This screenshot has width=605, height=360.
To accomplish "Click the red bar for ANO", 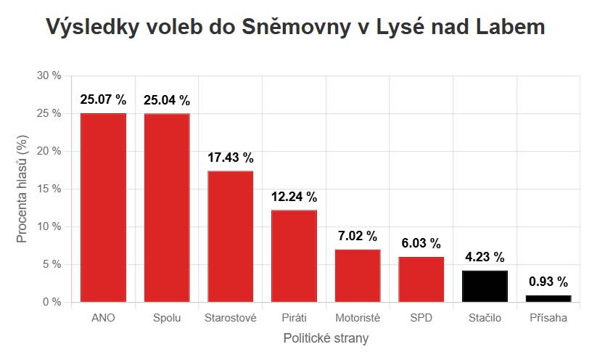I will click(x=103, y=207).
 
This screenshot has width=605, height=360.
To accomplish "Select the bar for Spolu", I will click(x=167, y=207).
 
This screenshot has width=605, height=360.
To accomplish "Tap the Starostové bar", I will click(x=231, y=236).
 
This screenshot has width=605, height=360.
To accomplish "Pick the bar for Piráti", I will click(x=294, y=255).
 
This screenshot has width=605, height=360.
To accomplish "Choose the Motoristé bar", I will click(x=358, y=275).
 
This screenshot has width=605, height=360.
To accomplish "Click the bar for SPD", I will click(x=421, y=279).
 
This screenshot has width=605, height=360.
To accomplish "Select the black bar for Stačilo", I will click(x=485, y=286).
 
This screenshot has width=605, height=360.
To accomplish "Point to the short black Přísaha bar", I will click(x=548, y=298).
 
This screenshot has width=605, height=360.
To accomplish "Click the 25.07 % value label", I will click(x=103, y=99).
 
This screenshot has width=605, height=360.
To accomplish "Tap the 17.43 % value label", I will click(x=231, y=157).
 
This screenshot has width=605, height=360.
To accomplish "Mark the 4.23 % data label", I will click(x=485, y=257).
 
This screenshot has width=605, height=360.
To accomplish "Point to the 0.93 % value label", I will click(x=548, y=282).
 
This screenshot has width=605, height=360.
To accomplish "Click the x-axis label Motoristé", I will click(x=358, y=318).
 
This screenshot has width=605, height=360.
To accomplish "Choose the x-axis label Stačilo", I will click(x=485, y=318).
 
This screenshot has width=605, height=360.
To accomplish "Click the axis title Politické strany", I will click(x=326, y=338).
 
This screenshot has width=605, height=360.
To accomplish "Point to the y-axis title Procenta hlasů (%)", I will click(x=22, y=189).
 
